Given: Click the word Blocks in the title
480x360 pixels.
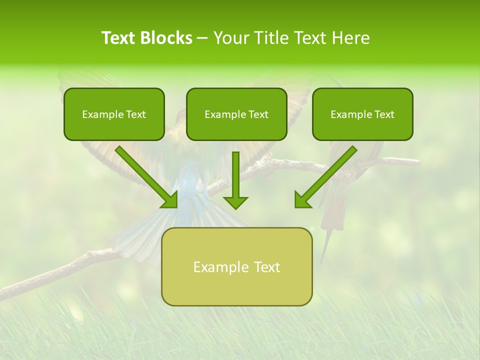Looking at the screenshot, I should point(166,38).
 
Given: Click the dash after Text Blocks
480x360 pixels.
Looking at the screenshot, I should point(202,38).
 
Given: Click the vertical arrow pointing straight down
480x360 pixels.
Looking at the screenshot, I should point(235,177).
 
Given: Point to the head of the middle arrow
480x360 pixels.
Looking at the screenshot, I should point(235,202).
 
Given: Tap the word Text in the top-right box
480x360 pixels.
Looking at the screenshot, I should point(383,114).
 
